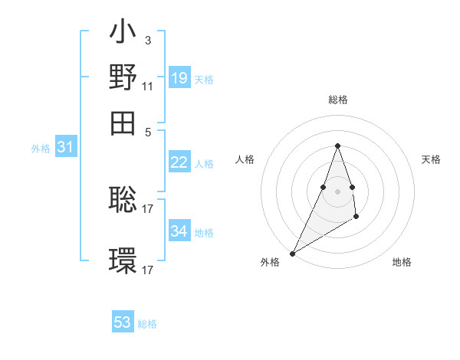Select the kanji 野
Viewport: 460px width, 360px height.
tap(123, 79)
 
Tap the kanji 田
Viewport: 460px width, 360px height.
tap(123, 122)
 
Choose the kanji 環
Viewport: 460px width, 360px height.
tap(123, 261)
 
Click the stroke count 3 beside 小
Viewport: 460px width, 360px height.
tap(147, 40)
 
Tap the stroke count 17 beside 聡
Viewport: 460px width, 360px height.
tap(148, 207)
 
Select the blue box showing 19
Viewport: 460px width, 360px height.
tap(179, 78)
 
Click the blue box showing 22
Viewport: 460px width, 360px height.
tap(179, 162)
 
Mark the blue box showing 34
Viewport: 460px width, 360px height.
tap(179, 231)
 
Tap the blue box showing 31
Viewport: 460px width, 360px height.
tap(65, 148)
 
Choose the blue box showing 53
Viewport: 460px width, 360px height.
tap(123, 322)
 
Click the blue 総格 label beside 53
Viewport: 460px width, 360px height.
tap(147, 324)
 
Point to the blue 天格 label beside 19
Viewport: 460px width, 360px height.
tap(204, 80)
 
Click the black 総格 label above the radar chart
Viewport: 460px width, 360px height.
tap(337, 100)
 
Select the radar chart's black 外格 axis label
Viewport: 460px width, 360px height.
tap(270, 262)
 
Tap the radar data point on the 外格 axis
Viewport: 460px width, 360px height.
tap(292, 253)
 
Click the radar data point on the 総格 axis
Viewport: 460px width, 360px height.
tap(337, 146)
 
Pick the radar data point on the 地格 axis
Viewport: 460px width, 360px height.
tap(356, 218)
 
